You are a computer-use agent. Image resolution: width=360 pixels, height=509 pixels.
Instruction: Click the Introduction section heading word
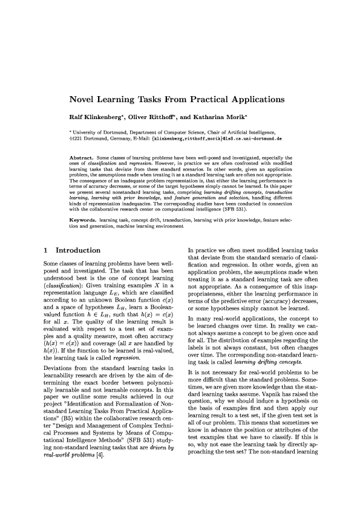(78, 250)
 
